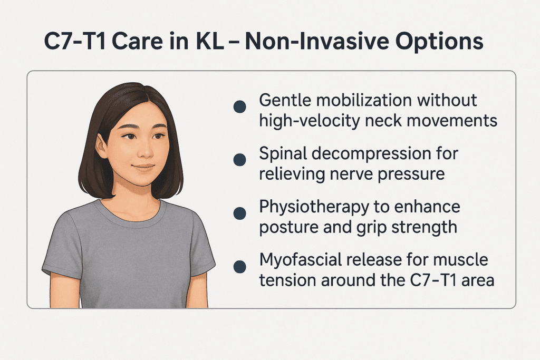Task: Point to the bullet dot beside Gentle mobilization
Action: (x=240, y=106)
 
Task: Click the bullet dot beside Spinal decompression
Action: (x=240, y=160)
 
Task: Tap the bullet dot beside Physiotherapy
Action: (x=240, y=213)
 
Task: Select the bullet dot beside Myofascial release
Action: (x=240, y=266)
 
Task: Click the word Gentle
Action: (x=285, y=101)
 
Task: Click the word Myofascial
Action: (x=300, y=260)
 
